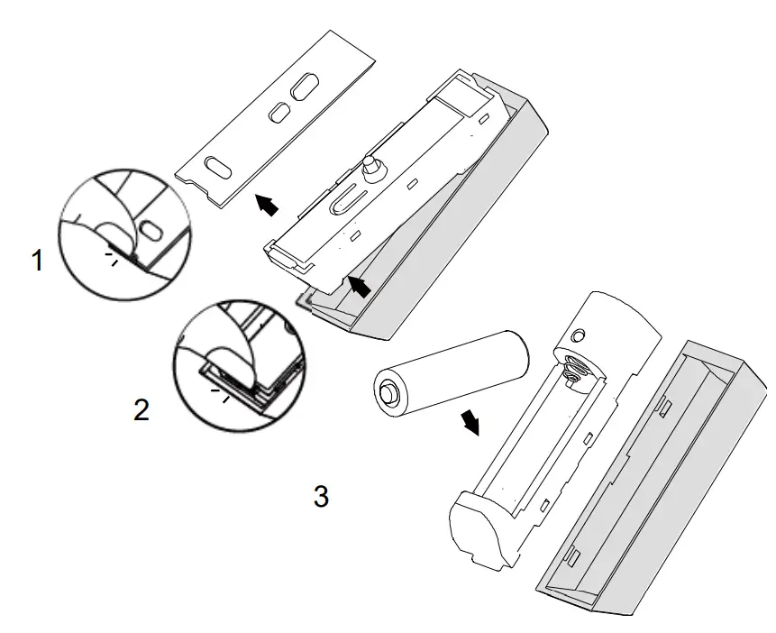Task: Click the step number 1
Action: [x=37, y=261]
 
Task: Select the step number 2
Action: [x=142, y=410]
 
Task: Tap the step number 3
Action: [x=320, y=495]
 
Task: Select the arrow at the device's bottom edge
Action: [x=358, y=287]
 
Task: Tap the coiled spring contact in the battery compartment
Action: [x=571, y=370]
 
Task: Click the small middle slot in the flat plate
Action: [x=280, y=112]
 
